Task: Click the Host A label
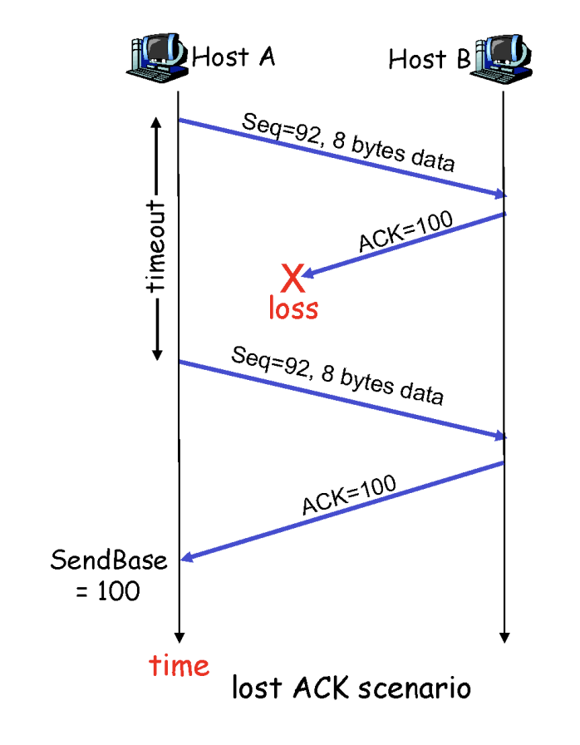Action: pyautogui.click(x=233, y=57)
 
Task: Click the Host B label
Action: pyautogui.click(x=429, y=59)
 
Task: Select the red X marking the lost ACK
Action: pyautogui.click(x=292, y=278)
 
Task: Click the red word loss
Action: pyautogui.click(x=292, y=308)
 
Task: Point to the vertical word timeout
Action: pyautogui.click(x=155, y=246)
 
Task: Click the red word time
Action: pyautogui.click(x=179, y=666)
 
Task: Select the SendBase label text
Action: pyautogui.click(x=109, y=560)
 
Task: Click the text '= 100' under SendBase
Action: pyautogui.click(x=109, y=591)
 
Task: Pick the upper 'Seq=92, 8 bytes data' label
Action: pyautogui.click(x=348, y=141)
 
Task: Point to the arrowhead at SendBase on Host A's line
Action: pyautogui.click(x=186, y=559)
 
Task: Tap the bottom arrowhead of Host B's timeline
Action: pyautogui.click(x=504, y=638)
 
